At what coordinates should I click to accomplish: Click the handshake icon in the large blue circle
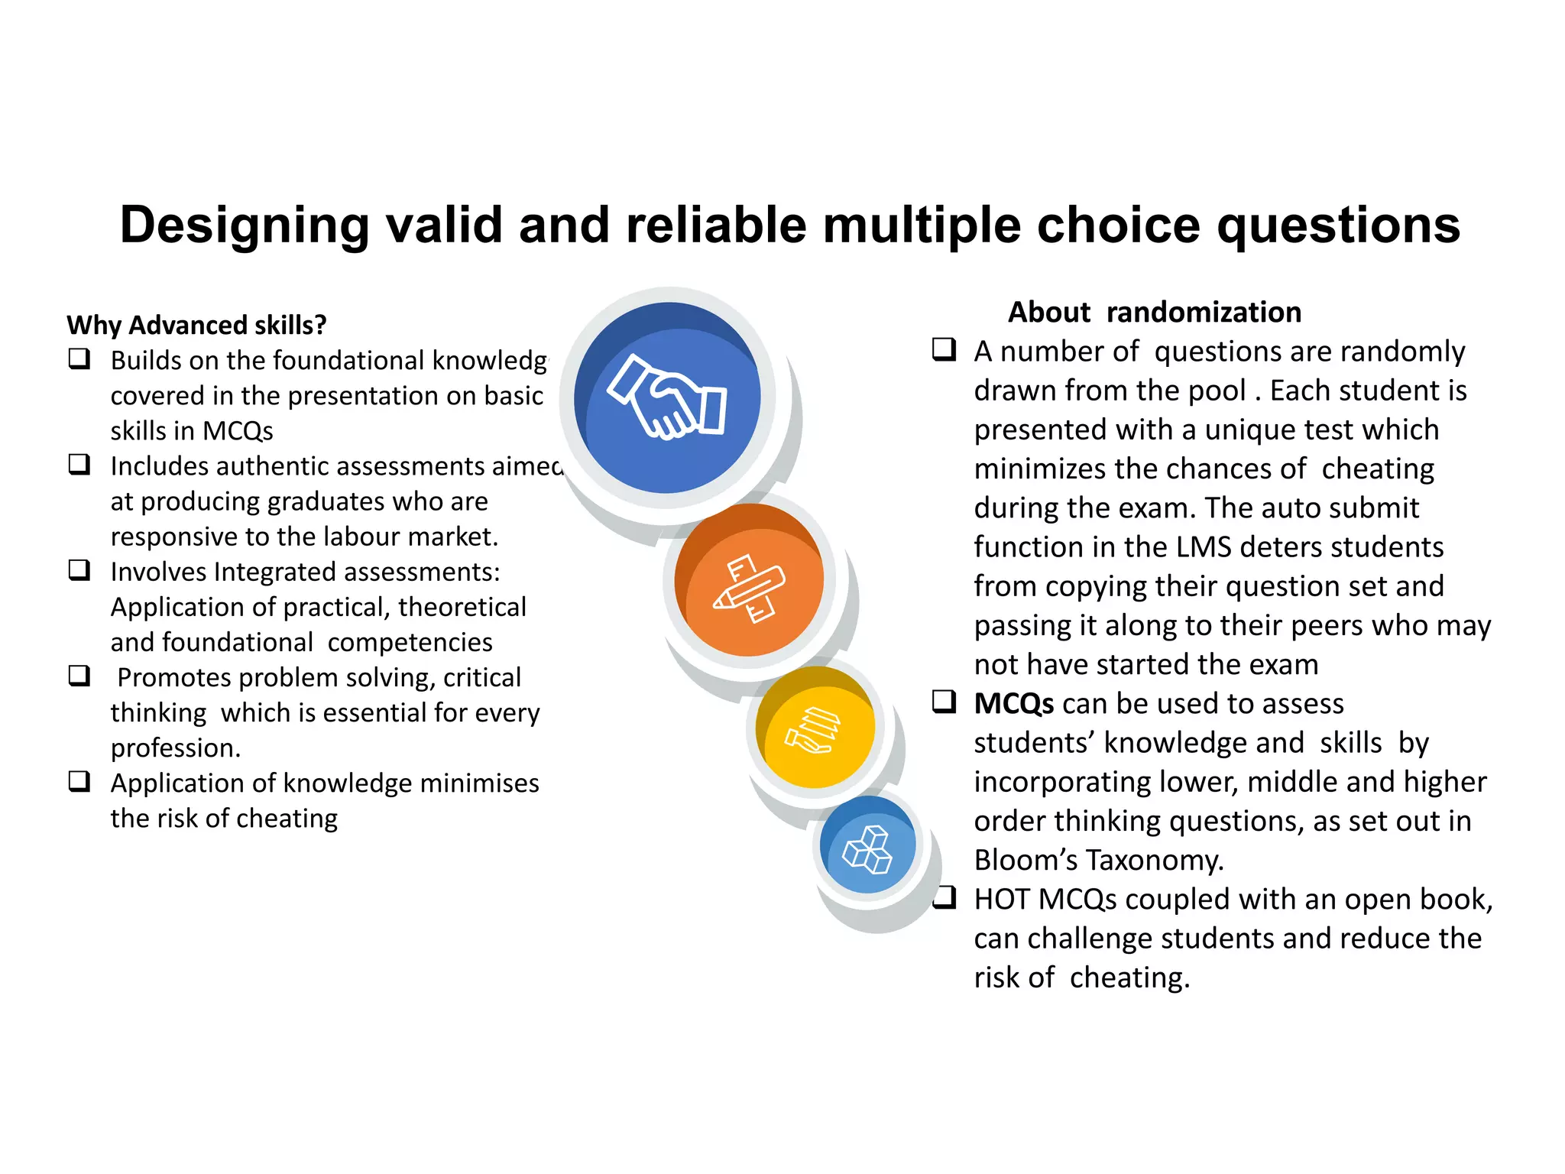[x=667, y=397]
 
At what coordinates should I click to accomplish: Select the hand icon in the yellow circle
[x=812, y=729]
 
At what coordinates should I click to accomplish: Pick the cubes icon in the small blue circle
[x=867, y=849]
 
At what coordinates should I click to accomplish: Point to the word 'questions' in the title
[x=1338, y=225]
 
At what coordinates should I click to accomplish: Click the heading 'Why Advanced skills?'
[x=196, y=325]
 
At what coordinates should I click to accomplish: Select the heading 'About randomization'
[x=1154, y=312]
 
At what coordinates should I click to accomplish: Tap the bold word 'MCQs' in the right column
[x=1013, y=703]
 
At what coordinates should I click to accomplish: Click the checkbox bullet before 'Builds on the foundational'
[x=79, y=358]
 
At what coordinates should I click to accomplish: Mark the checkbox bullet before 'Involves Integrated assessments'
[x=79, y=570]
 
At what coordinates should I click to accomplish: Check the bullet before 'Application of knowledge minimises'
[x=79, y=781]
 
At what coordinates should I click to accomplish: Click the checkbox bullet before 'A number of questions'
[x=945, y=350]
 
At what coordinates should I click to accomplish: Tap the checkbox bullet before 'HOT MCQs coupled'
[x=945, y=897]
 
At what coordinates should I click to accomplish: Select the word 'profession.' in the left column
[x=176, y=748]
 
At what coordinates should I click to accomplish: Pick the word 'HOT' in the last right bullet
[x=1002, y=900]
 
